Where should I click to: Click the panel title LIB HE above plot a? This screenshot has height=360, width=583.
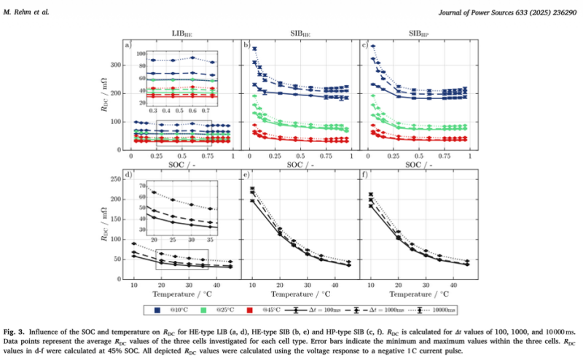click(x=182, y=34)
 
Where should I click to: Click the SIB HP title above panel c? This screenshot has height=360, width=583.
click(x=418, y=34)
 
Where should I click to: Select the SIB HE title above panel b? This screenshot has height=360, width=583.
click(x=300, y=34)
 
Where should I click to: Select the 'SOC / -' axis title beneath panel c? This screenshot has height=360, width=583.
click(x=418, y=166)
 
